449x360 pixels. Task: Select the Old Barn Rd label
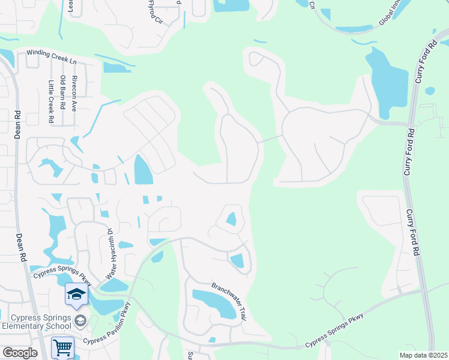62,93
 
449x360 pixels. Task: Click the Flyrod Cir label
155,11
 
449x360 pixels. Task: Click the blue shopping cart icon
62,347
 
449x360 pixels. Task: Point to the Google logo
20,353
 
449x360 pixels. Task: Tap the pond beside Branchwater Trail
214,304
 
